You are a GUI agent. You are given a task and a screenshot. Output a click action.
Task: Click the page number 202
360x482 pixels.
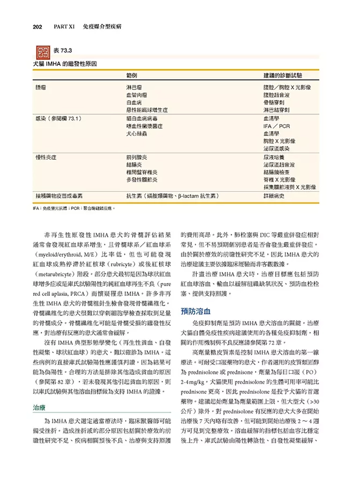coord(37,27)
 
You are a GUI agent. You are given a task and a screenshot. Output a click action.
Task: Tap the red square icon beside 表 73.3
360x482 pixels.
coord(43,53)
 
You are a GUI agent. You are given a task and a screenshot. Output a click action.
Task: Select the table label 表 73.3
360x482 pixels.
coord(63,51)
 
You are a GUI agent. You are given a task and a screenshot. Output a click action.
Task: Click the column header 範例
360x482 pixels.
coord(131,76)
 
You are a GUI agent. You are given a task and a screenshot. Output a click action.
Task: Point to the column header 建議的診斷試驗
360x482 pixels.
coord(283,76)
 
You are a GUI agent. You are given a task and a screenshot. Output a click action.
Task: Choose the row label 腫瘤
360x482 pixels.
coord(41,87)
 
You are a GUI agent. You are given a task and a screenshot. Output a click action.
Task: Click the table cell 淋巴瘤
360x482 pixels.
coord(134,87)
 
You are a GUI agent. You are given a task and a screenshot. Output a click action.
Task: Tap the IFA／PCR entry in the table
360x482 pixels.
coord(277,126)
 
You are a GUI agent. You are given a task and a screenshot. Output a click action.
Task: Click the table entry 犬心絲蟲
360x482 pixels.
coord(136,134)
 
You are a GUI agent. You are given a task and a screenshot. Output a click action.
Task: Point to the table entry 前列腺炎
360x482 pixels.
coord(136,157)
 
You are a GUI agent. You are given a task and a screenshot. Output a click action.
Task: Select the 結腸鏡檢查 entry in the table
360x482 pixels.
coord(276,172)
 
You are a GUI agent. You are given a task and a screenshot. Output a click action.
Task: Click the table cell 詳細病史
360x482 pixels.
coord(274,196)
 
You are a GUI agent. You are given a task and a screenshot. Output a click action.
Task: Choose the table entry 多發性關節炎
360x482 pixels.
coord(142,180)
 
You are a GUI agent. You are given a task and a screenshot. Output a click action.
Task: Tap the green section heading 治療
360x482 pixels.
coord(39,408)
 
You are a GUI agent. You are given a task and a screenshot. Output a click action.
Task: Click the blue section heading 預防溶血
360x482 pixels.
coord(195,311)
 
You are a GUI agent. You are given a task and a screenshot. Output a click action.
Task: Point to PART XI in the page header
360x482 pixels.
coord(64,27)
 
